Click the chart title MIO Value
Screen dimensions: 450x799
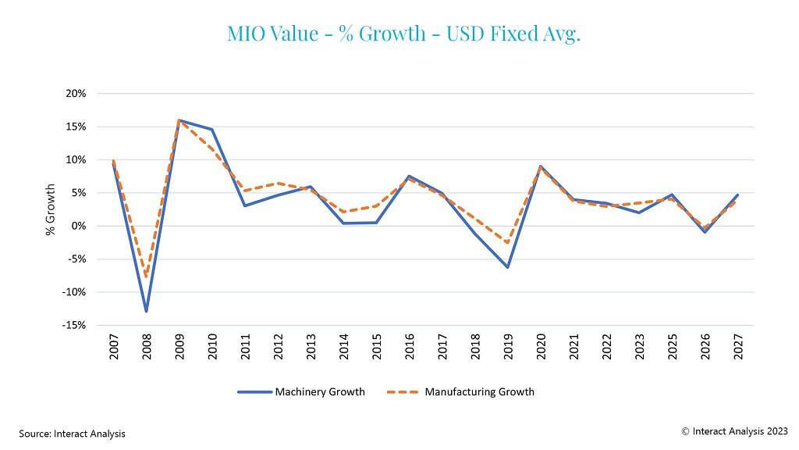pos(403,34)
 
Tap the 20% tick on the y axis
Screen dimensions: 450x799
pos(76,94)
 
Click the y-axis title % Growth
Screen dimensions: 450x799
pos(51,209)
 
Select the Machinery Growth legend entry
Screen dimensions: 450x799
pos(301,391)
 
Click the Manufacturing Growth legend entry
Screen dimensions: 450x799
pos(460,391)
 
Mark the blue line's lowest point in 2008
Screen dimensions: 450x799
pos(146,312)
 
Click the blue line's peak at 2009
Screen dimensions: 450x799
pos(179,120)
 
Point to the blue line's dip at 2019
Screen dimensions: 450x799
pos(507,267)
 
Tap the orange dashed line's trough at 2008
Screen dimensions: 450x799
pos(146,277)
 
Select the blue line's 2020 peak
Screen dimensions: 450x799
pos(540,166)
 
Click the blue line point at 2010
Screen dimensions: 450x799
pos(211,130)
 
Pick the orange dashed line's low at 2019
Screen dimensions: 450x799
pos(507,243)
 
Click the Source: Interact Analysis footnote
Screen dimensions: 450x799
pos(73,433)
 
